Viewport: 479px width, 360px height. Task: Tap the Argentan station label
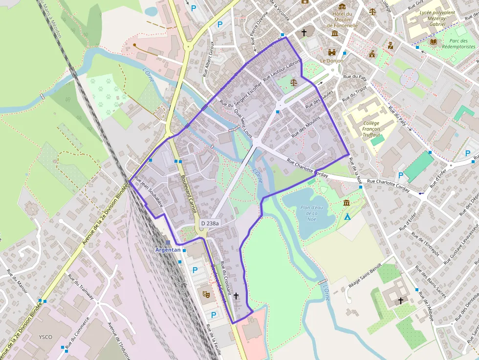point(168,250)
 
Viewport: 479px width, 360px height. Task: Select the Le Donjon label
point(332,61)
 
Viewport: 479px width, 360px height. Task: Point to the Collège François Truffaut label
point(371,129)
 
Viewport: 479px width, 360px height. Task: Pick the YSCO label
point(45,337)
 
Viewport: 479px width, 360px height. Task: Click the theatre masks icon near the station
point(206,294)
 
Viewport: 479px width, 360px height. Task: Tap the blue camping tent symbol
point(348,216)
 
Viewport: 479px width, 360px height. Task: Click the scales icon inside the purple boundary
point(294,82)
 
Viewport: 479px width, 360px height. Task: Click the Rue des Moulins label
point(305,128)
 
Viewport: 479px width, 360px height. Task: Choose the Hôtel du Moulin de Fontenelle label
point(342,20)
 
